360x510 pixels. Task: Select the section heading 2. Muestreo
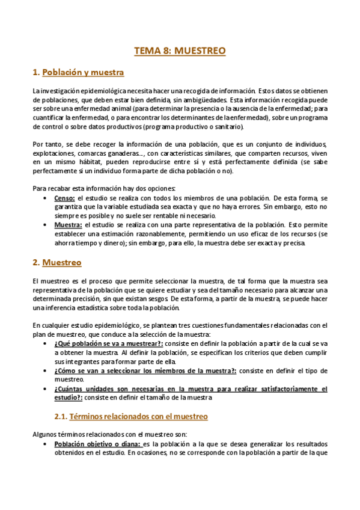point(63,263)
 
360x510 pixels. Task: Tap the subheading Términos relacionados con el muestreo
point(139,416)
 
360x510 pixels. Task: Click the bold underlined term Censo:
point(65,198)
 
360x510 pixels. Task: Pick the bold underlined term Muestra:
point(68,224)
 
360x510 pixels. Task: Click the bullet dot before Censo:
point(47,198)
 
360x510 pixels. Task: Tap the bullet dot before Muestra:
point(47,224)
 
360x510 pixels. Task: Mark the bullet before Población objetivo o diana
point(47,444)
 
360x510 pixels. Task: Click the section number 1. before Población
point(36,73)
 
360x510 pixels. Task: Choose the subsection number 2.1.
point(61,416)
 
